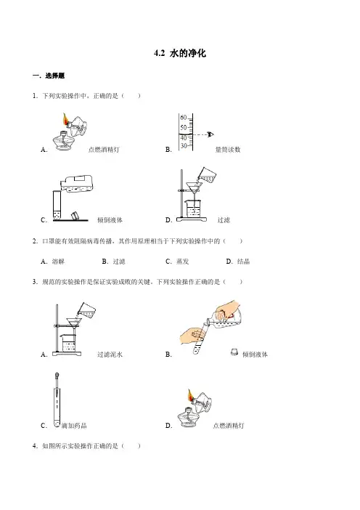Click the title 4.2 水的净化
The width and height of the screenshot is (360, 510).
coord(180,53)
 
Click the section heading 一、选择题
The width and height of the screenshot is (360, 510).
coord(49,76)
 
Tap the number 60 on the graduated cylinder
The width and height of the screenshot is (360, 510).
coord(184,118)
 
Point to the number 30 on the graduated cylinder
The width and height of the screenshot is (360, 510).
coord(184,146)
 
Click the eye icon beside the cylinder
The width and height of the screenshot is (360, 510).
coord(210,134)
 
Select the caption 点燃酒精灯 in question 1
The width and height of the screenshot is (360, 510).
coord(104,150)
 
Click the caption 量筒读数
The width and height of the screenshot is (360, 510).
coord(228,150)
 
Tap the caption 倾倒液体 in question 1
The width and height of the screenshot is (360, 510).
coord(110,220)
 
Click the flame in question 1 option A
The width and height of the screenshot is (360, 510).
coord(65,118)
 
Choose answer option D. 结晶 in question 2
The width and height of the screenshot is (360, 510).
coord(238,262)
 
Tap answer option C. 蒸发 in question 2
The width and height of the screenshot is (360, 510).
coord(177,262)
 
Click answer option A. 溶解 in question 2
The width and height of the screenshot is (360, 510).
coord(53,262)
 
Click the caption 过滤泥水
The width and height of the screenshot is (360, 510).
coord(110,355)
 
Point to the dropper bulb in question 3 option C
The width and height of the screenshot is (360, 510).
coord(57,376)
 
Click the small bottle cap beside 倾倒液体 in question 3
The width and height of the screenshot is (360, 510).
coord(234,352)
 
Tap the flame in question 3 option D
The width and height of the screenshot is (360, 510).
coord(190,395)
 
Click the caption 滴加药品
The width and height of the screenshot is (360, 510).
coord(74,426)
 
